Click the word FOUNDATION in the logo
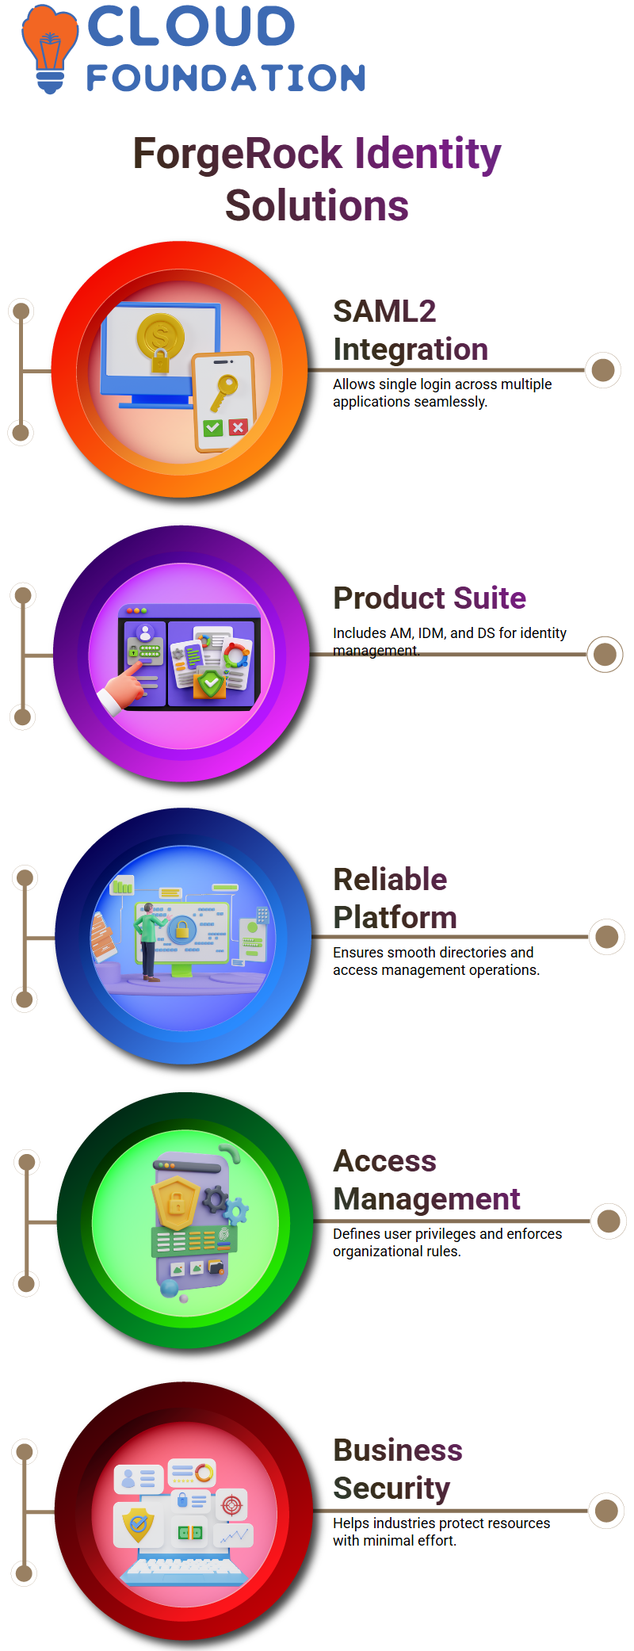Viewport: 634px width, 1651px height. tap(226, 78)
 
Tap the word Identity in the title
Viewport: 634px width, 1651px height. tap(427, 155)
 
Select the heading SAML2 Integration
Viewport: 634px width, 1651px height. tap(411, 330)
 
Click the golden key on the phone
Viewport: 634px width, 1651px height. tap(223, 392)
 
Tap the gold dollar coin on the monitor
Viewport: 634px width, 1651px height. tap(160, 335)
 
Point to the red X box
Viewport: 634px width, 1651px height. tap(238, 427)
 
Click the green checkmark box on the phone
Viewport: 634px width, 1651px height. tap(212, 428)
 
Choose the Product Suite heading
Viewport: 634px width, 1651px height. tap(430, 598)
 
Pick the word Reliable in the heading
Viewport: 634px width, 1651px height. tap(390, 879)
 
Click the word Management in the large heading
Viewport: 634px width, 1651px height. tap(426, 1199)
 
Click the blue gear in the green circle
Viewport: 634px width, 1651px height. tap(235, 1211)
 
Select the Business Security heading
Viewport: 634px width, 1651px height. tap(398, 1469)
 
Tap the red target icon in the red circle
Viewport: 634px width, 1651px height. tap(231, 1504)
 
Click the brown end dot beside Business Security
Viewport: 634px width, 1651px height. tap(606, 1511)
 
